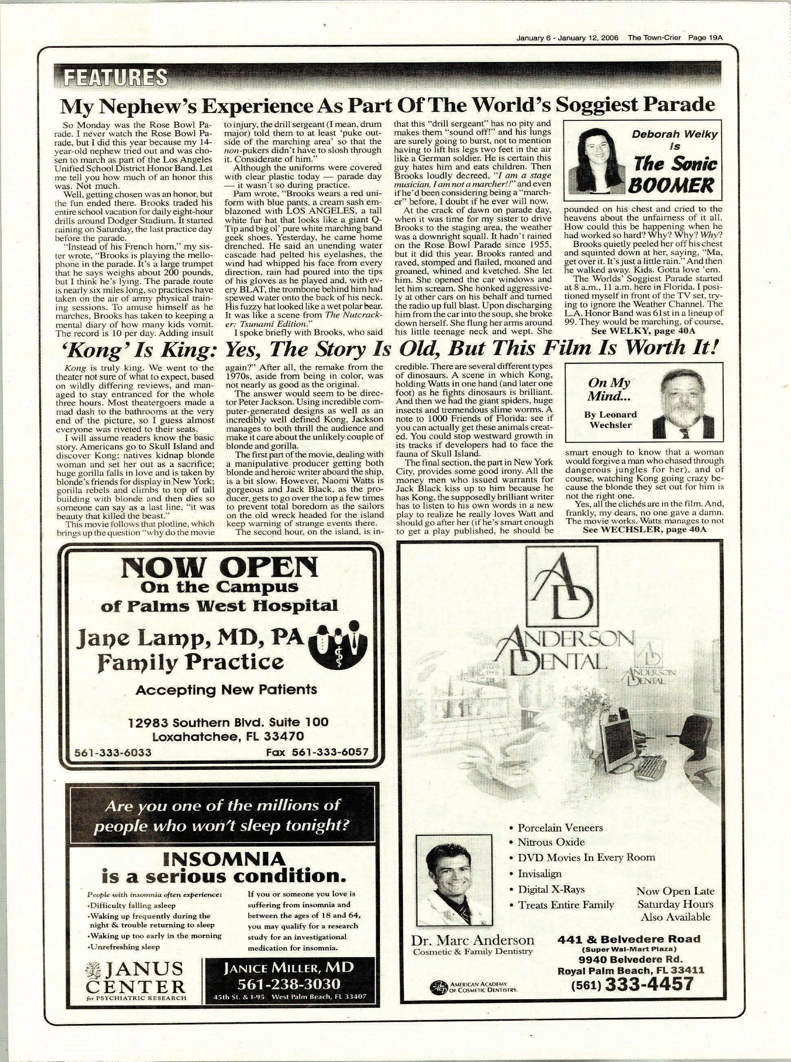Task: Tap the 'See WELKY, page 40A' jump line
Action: (643, 330)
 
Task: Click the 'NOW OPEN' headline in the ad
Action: (219, 568)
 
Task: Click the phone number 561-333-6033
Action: (113, 752)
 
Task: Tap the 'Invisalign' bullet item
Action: (539, 873)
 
